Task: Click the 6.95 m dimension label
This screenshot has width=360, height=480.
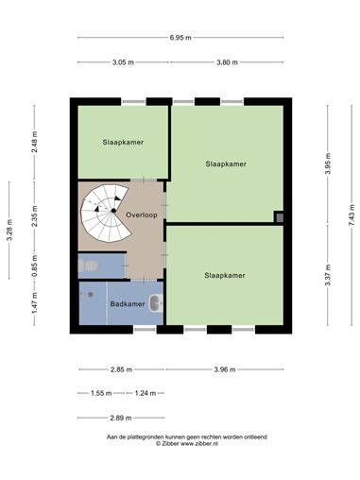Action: (x=180, y=38)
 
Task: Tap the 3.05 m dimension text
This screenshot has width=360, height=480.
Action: (x=123, y=62)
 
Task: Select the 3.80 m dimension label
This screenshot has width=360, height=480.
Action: (x=227, y=62)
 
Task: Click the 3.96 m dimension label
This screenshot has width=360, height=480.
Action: (x=225, y=369)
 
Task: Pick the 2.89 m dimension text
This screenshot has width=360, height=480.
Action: (x=121, y=418)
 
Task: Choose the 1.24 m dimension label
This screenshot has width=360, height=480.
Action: (x=146, y=393)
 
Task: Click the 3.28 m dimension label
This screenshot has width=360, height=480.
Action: (x=9, y=230)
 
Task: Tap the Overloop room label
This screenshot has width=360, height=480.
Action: (x=142, y=215)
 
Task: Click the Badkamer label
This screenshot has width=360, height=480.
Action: (x=128, y=304)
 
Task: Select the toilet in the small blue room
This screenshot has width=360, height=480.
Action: (x=88, y=266)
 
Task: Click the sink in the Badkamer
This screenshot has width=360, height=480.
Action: (x=156, y=303)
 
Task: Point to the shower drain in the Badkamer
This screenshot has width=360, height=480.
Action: (x=91, y=295)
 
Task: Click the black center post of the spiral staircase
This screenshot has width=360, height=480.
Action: (x=113, y=211)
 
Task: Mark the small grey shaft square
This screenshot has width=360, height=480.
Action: (x=279, y=217)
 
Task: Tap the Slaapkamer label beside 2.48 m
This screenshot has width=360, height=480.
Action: (x=123, y=142)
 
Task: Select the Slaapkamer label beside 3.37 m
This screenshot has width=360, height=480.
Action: (x=225, y=275)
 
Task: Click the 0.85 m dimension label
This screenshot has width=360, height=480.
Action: (x=34, y=266)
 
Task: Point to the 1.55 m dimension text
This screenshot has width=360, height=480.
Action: (x=101, y=393)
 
